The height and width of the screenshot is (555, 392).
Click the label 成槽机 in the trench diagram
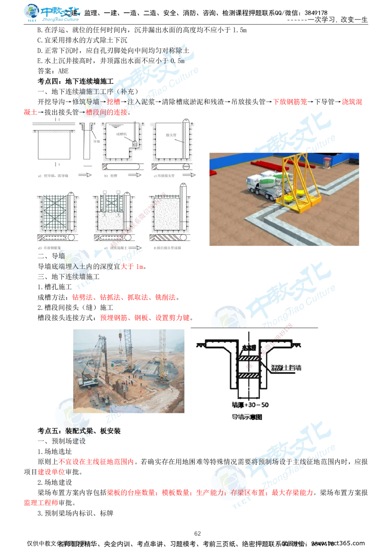(x=122, y=134)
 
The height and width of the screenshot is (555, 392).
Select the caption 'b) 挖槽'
(x=112, y=176)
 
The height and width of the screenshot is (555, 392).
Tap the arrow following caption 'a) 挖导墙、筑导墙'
(x=85, y=175)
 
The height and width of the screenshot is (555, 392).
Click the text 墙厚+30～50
(x=250, y=405)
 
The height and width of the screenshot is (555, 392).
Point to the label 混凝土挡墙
(x=286, y=368)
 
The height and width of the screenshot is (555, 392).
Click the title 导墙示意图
(x=247, y=417)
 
